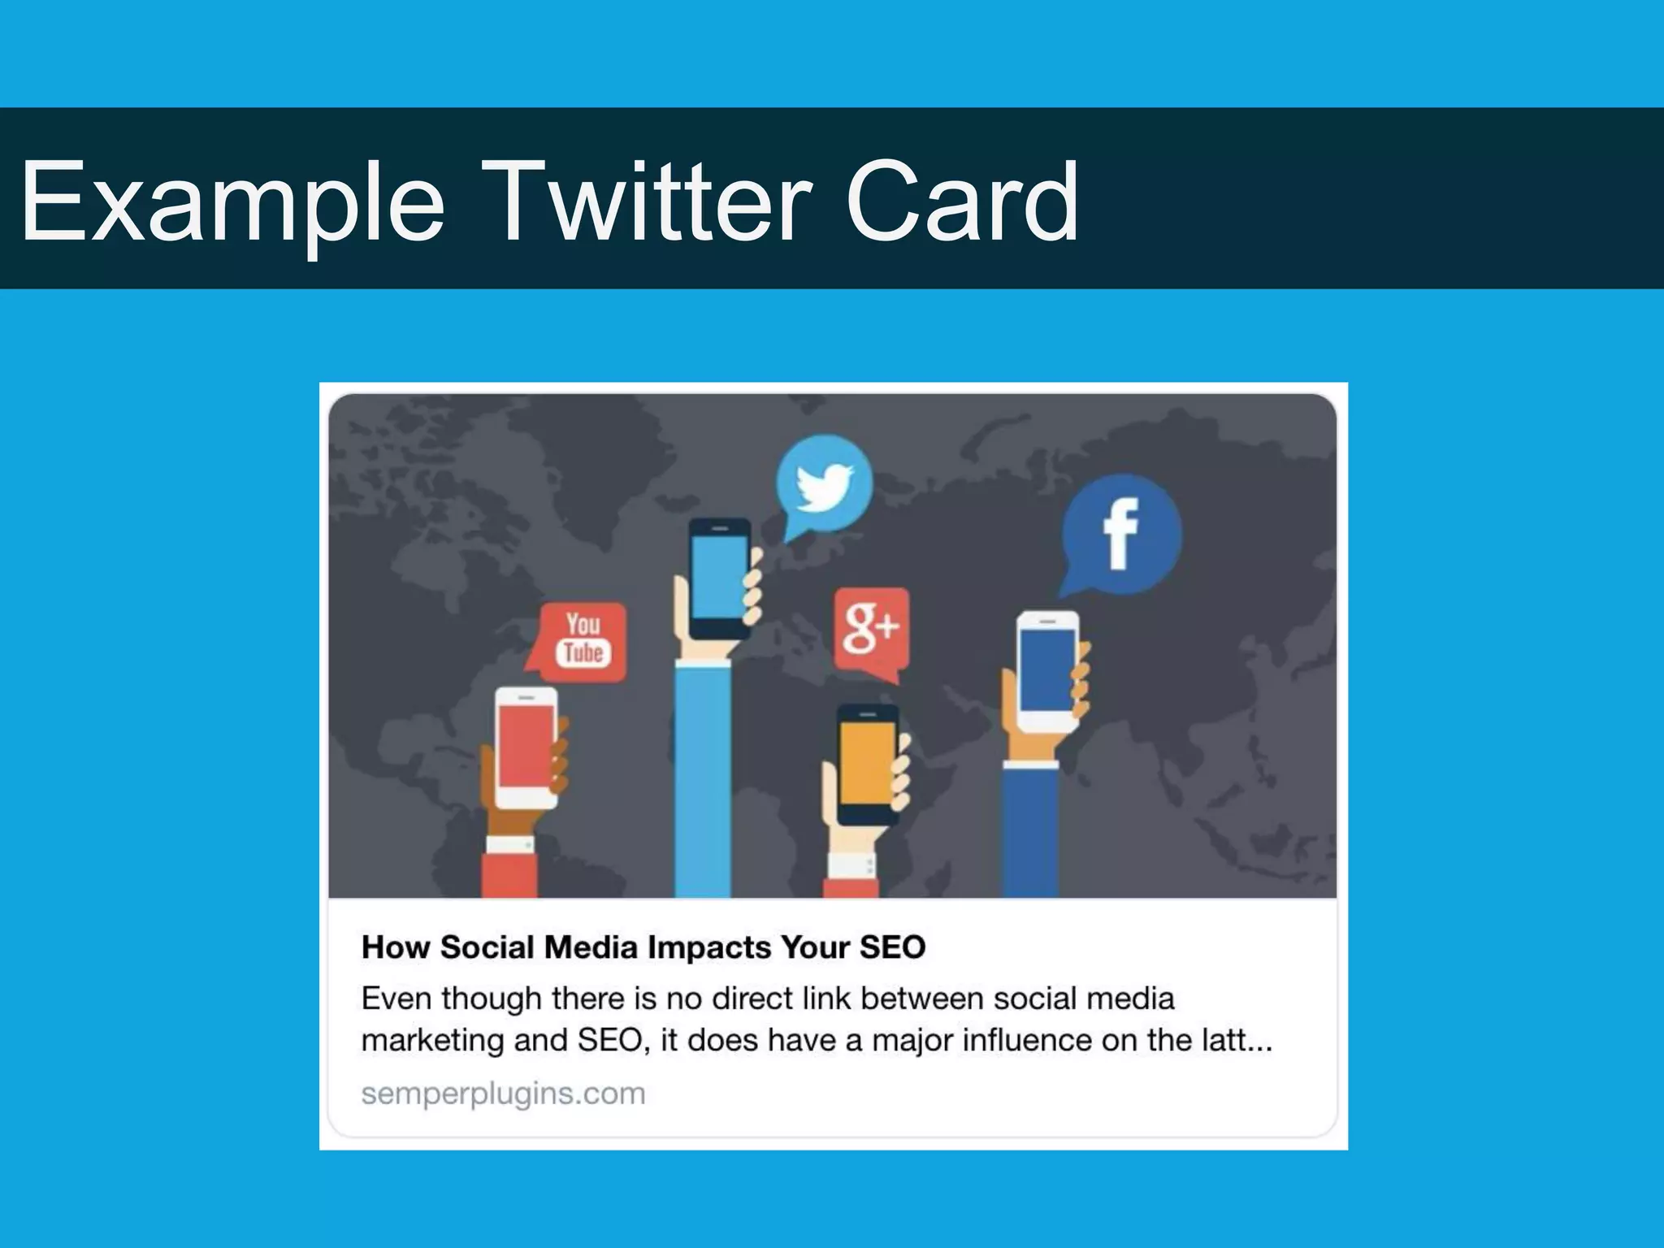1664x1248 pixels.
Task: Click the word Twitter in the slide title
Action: coord(650,201)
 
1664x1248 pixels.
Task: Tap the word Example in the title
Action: coord(233,201)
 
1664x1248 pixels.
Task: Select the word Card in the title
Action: coord(962,201)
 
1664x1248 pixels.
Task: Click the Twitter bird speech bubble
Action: coord(824,484)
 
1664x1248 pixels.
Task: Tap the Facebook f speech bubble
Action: coord(1121,534)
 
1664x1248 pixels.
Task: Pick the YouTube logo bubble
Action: coord(583,640)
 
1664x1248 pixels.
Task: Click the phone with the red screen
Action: coord(526,747)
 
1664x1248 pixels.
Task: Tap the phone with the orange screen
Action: coord(868,762)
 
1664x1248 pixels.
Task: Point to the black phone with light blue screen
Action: coord(720,578)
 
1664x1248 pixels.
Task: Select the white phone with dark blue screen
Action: coord(1048,671)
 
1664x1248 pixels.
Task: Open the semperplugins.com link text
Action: coord(503,1094)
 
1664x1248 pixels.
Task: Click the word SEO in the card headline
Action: coord(892,947)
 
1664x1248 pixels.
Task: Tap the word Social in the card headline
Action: coord(487,947)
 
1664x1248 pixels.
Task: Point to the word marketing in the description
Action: coord(432,1041)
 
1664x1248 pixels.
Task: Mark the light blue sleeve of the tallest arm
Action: coord(703,780)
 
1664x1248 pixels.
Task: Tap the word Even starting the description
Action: coord(395,999)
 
